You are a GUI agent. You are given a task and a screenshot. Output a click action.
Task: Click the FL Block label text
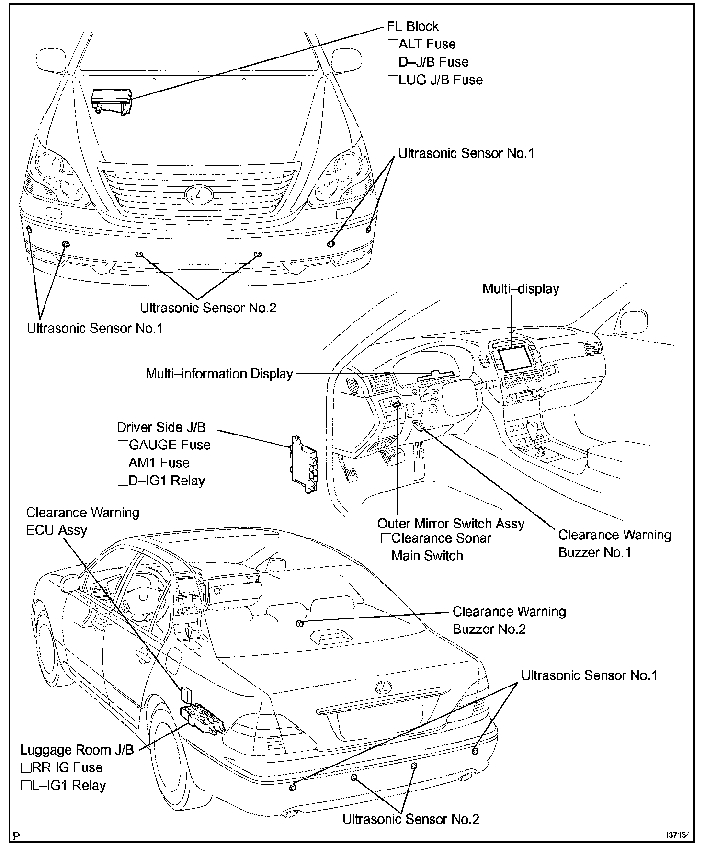(x=412, y=26)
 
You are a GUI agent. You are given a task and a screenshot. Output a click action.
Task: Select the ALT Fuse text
(x=427, y=44)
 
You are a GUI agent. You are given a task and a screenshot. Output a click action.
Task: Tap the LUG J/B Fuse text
(x=440, y=80)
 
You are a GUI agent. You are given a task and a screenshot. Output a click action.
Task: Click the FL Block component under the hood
(x=111, y=101)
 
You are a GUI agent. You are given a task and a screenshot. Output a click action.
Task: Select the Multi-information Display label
(x=219, y=374)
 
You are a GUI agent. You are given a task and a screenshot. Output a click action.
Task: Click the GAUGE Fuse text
(x=170, y=445)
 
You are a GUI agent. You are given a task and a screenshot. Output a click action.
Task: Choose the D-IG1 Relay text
(x=167, y=481)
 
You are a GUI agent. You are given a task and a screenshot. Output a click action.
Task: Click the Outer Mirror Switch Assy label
(x=451, y=524)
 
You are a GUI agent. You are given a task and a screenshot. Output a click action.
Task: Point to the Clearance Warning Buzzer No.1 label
(x=614, y=543)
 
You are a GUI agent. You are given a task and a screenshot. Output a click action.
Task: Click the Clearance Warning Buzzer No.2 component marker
(x=298, y=623)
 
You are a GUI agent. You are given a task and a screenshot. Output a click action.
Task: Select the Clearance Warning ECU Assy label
(x=82, y=521)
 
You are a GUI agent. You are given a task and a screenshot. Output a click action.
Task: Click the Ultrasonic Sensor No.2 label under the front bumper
(x=208, y=308)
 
